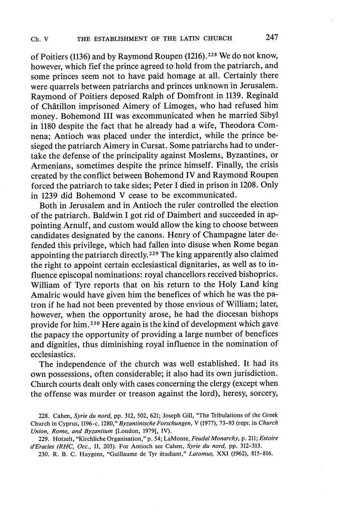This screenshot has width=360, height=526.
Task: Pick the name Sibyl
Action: click(267, 115)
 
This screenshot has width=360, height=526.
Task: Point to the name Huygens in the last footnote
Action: click(88, 454)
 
